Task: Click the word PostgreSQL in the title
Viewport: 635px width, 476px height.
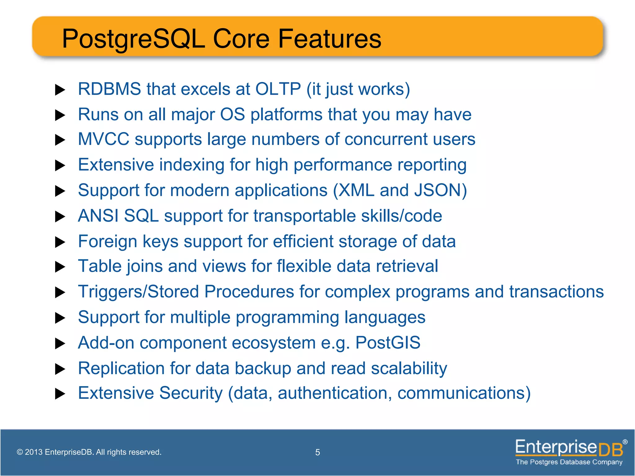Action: (133, 39)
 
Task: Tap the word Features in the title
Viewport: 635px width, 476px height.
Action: (330, 39)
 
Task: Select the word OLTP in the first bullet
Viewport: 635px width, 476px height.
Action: (278, 89)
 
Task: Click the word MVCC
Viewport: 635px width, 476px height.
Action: (103, 139)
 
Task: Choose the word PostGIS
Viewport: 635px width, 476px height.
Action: (388, 343)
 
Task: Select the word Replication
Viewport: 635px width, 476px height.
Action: (121, 368)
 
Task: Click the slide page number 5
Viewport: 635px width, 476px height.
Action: (317, 452)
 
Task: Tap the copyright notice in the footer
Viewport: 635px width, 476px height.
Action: (89, 452)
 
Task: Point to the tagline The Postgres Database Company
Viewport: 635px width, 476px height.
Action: (569, 462)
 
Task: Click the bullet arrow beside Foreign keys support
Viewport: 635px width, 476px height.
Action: (60, 242)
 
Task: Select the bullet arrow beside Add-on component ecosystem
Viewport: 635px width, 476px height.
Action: (60, 344)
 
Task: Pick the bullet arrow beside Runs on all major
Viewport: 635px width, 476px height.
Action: (60, 115)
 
